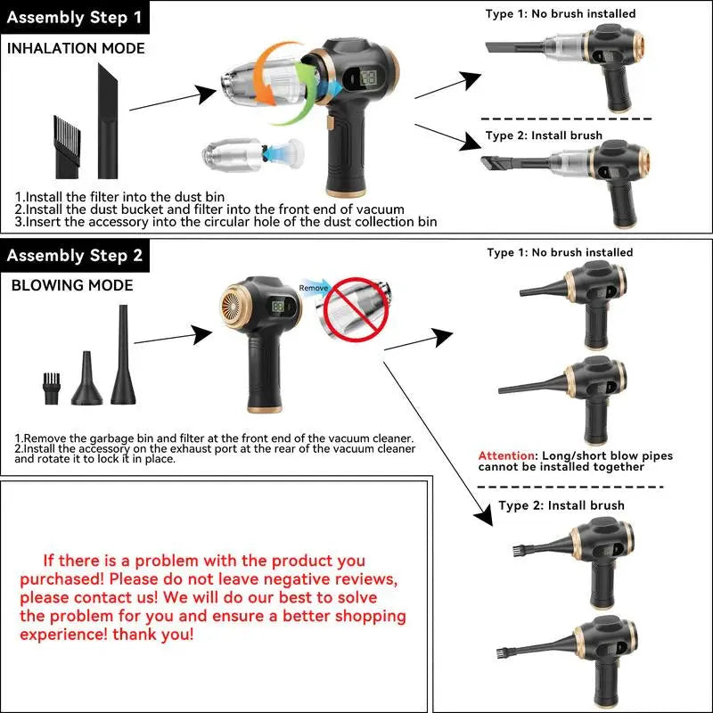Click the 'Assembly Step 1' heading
[75, 16]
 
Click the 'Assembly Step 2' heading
[75, 256]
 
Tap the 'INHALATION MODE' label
[76, 48]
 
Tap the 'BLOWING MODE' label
[72, 286]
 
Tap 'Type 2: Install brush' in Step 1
[544, 136]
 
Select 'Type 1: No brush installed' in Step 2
[560, 252]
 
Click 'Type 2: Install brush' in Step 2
[561, 505]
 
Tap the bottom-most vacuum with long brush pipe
[579, 655]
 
